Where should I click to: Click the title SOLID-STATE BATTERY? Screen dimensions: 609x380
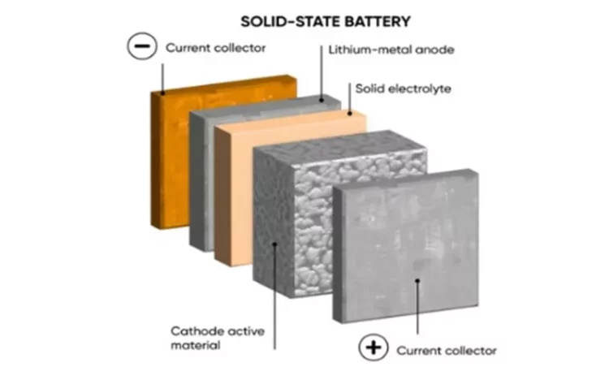tap(326, 21)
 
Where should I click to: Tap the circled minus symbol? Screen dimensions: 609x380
tap(142, 45)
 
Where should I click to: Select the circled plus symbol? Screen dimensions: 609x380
tap(374, 347)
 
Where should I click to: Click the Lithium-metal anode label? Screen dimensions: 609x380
tap(391, 50)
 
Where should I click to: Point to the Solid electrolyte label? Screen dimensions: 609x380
tap(403, 89)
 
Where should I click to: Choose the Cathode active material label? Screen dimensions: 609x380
tap(218, 338)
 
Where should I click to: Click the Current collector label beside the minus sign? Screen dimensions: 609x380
tap(215, 48)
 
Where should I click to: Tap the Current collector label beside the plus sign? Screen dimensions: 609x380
tap(447, 351)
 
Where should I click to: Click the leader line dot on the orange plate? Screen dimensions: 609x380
tap(162, 93)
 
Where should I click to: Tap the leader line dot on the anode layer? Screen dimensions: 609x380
tap(322, 100)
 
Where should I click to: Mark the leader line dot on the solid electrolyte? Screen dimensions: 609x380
tap(349, 114)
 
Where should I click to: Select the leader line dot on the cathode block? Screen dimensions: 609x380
tap(274, 244)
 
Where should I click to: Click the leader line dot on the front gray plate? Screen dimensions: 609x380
tap(417, 280)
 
